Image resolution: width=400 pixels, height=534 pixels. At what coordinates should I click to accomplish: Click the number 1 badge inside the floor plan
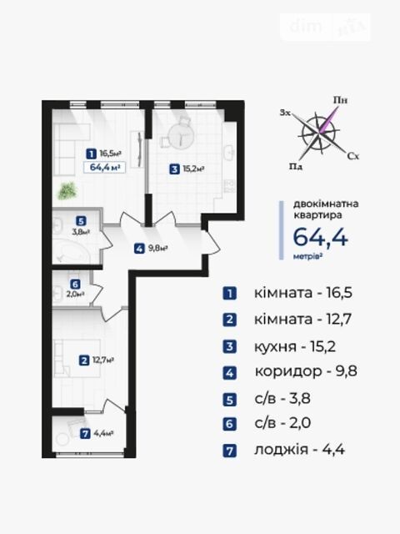[x=91, y=154]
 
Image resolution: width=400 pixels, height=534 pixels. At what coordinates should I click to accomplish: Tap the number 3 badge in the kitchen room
[x=174, y=169]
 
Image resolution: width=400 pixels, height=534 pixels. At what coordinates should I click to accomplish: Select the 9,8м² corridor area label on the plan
[x=157, y=249]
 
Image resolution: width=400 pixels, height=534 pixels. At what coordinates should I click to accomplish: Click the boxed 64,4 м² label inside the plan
[x=104, y=167]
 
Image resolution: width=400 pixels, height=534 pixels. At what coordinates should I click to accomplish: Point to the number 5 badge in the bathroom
[x=81, y=221]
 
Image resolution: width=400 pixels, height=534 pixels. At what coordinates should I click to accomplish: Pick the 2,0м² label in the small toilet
[x=76, y=294]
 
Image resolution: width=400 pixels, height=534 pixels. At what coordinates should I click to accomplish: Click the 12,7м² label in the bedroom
[x=102, y=360]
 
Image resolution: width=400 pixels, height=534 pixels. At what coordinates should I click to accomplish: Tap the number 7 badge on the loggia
[x=85, y=434]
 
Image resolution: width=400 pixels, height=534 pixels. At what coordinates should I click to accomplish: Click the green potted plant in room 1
[x=67, y=191]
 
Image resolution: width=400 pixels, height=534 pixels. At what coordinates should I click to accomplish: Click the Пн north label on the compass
[x=341, y=100]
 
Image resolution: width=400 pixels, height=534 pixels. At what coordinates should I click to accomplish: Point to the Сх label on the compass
[x=353, y=156]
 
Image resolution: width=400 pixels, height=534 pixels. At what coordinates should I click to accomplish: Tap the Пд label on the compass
[x=296, y=166]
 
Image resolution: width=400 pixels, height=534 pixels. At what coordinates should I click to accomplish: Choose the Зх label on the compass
[x=285, y=113]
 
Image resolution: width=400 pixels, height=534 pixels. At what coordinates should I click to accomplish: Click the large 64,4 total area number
[x=320, y=237]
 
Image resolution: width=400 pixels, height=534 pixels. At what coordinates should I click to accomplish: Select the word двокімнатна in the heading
[x=326, y=204]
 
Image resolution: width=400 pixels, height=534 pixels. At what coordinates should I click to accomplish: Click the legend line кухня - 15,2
[x=295, y=347]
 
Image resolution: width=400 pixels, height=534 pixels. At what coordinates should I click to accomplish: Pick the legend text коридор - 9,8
[x=306, y=371]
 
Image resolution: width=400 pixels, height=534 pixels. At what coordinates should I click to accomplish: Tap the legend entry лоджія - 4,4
[x=299, y=450]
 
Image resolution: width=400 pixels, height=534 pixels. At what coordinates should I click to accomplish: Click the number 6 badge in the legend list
[x=230, y=425]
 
